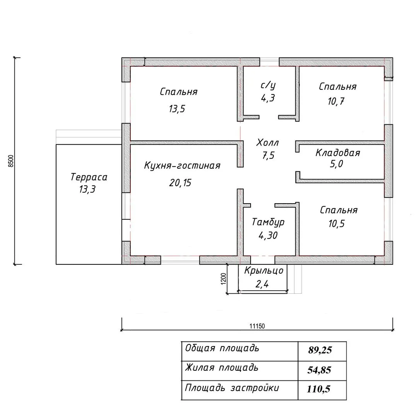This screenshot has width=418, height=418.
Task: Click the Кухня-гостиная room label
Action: click(182, 166)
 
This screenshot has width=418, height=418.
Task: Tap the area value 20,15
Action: click(180, 183)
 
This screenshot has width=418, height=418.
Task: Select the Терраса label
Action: click(89, 177)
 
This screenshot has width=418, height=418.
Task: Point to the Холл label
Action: click(267, 143)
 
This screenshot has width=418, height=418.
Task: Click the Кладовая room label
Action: click(338, 153)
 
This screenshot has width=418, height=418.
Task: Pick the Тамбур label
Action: click(268, 222)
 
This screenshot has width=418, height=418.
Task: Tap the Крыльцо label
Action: click(264, 271)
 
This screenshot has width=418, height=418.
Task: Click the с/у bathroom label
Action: click(268, 85)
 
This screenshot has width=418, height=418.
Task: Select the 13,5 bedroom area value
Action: click(177, 109)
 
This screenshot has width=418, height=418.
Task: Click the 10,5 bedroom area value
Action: click(335, 224)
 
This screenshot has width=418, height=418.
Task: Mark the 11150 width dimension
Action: click(257, 326)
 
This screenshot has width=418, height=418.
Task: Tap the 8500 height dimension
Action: click(11, 161)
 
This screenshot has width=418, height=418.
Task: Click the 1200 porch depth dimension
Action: click(223, 279)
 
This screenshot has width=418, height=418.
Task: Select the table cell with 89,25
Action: click(320, 351)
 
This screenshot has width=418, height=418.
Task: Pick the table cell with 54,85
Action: click(319, 370)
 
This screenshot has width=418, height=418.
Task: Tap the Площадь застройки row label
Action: click(232, 388)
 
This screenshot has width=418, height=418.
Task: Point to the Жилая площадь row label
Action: click(222, 367)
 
